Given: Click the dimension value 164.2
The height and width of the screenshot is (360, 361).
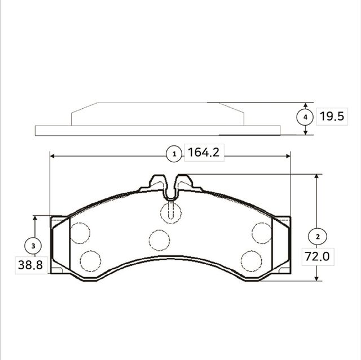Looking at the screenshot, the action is pos(204,153).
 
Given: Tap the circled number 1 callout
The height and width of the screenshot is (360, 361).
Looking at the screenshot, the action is pos(174,154).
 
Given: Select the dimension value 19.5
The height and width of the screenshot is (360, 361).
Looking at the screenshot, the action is pos(332,116).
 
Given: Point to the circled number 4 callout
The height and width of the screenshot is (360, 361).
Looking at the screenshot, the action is pos(305,117).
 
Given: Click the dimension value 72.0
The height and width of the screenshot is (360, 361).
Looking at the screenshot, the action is pos(317,256).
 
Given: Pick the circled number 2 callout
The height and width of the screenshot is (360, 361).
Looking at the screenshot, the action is pos(318,237).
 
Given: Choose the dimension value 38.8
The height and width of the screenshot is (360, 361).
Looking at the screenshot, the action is pos(30,265).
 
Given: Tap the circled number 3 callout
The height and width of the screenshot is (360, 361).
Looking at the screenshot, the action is pos(33,246).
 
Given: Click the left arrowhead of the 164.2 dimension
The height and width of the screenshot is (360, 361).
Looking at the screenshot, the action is pos(52,156).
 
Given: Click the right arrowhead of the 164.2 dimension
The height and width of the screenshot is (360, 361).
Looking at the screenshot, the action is pos(288,156).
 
